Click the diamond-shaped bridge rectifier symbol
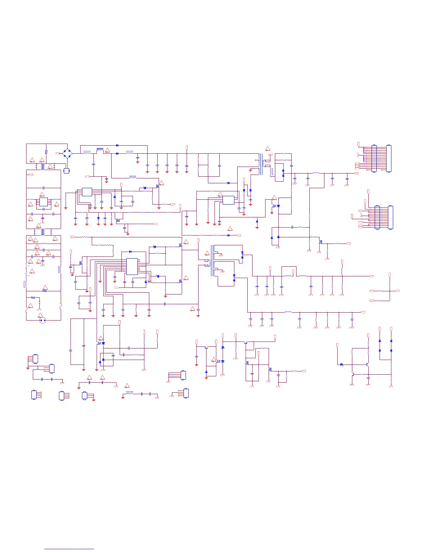click(67, 153)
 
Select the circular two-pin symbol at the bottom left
click(43, 320)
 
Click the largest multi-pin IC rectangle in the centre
click(132, 267)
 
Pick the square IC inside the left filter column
click(44, 202)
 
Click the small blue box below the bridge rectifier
click(66, 171)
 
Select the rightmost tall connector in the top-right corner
click(389, 159)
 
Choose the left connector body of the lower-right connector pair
click(377, 217)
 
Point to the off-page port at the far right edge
click(397, 291)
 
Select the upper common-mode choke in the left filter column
click(43, 167)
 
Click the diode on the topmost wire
click(117, 145)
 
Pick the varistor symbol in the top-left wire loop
click(46, 152)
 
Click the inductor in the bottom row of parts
click(129, 393)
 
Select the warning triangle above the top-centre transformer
click(268, 149)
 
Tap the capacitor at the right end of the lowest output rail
click(352, 319)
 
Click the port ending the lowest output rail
click(363, 312)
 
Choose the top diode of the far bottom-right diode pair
click(391, 340)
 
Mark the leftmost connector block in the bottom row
click(34, 395)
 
